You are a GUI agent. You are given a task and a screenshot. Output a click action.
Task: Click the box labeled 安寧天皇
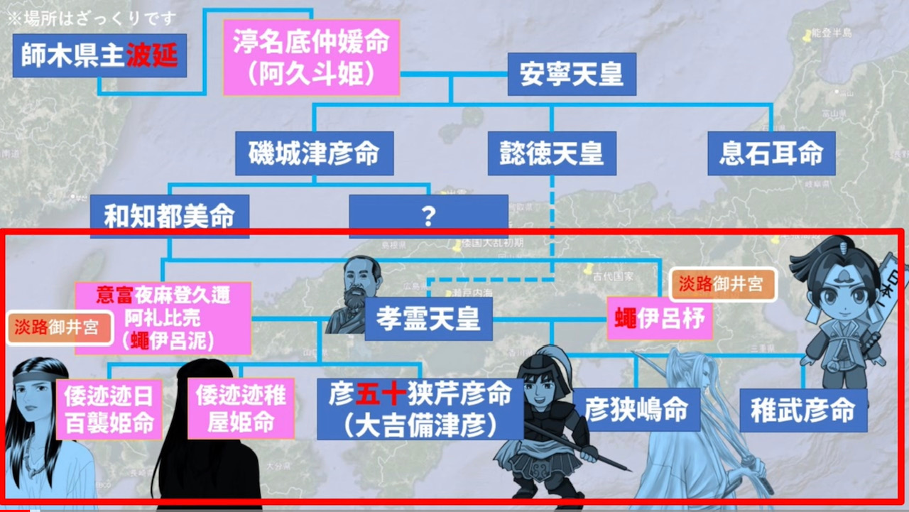[x=571, y=75]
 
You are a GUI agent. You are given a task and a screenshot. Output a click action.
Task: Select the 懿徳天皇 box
[x=551, y=153]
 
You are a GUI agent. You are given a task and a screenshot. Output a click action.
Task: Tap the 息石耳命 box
[x=771, y=153]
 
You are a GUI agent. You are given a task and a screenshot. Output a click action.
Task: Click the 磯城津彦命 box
[x=314, y=153]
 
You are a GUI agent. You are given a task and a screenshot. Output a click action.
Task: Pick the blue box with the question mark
[x=428, y=216]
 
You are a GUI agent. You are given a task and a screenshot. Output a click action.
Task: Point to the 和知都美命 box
[x=169, y=216]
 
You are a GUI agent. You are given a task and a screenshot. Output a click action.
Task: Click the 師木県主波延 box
[x=99, y=55]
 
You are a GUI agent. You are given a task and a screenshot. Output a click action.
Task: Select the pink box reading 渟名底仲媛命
[x=311, y=57]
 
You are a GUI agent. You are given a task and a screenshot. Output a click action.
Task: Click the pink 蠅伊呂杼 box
[x=660, y=318]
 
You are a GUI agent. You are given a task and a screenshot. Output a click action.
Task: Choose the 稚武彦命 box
[x=802, y=410]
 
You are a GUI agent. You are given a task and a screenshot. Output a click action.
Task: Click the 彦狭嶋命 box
[x=636, y=410]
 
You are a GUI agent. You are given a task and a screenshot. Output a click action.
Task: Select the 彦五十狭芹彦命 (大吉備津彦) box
[x=420, y=408]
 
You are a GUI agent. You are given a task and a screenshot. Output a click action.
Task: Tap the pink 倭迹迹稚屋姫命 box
[x=241, y=408]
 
